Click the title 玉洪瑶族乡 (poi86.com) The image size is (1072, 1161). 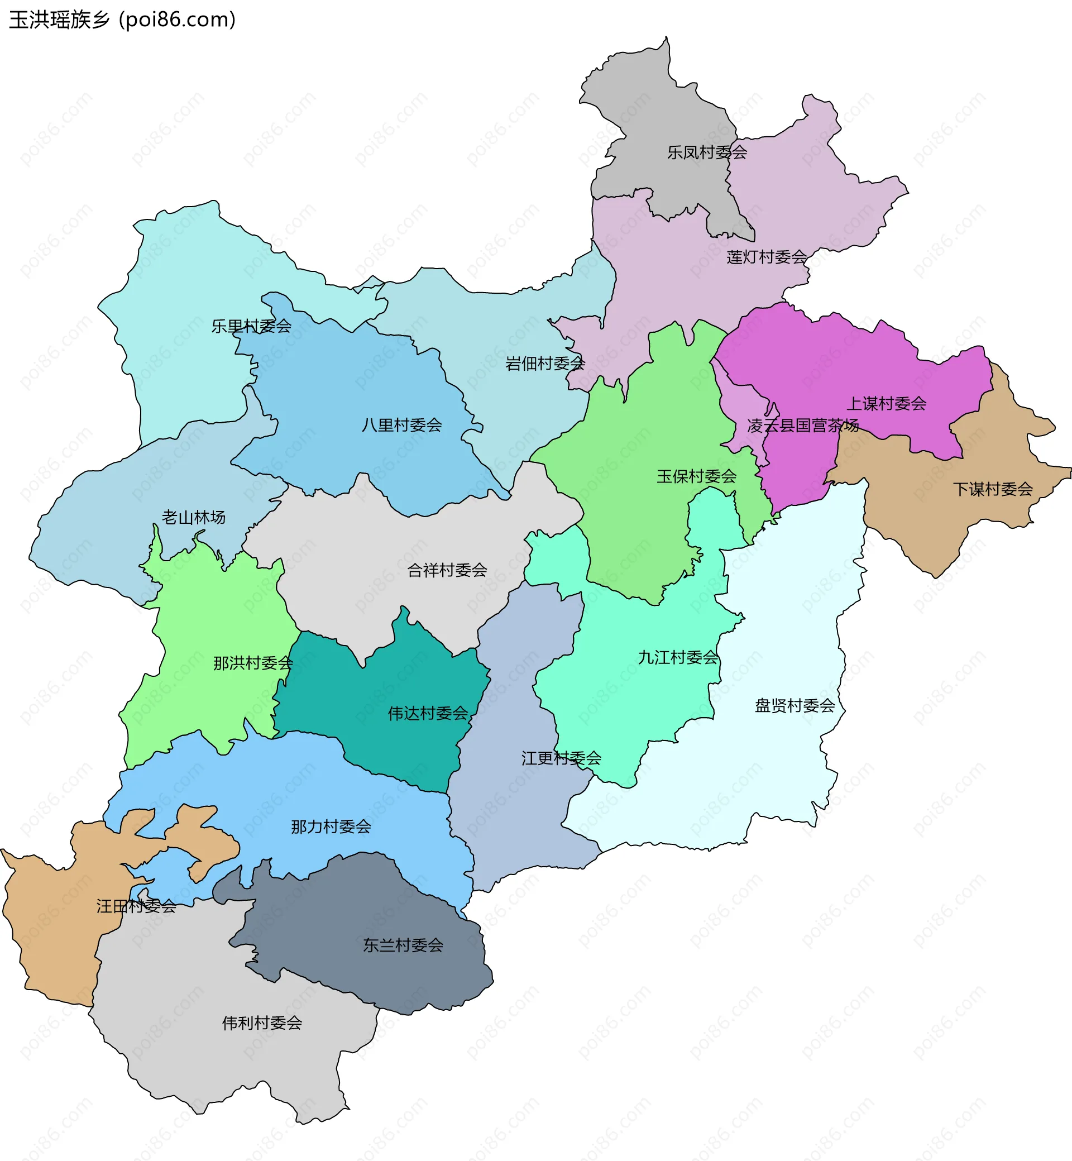(x=122, y=20)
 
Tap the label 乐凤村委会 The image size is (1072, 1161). (x=706, y=152)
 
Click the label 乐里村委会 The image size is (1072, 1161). (x=251, y=326)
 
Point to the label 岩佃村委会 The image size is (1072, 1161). (x=545, y=364)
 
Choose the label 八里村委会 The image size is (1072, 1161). (x=401, y=426)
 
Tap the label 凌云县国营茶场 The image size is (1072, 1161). (x=802, y=426)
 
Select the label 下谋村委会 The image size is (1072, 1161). (x=993, y=489)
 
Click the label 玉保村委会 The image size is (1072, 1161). (x=696, y=476)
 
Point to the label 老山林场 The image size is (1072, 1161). (x=193, y=518)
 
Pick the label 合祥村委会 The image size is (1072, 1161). (x=447, y=570)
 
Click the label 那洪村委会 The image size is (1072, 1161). (x=253, y=663)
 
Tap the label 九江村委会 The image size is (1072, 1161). (x=678, y=657)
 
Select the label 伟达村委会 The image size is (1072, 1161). (x=428, y=714)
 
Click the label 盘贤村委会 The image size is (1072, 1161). (x=794, y=705)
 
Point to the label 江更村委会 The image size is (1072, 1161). (x=561, y=758)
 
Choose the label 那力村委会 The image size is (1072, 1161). (x=331, y=827)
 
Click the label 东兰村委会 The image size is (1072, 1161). (x=403, y=945)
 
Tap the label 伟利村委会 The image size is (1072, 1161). (x=262, y=1023)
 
